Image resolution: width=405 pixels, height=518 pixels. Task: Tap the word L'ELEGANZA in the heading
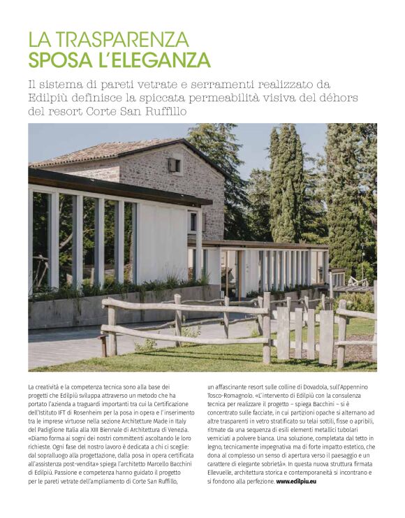click(x=155, y=59)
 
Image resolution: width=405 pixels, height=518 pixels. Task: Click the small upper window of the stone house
click(x=174, y=166)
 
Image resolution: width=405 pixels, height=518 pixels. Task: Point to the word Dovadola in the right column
click(x=312, y=387)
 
